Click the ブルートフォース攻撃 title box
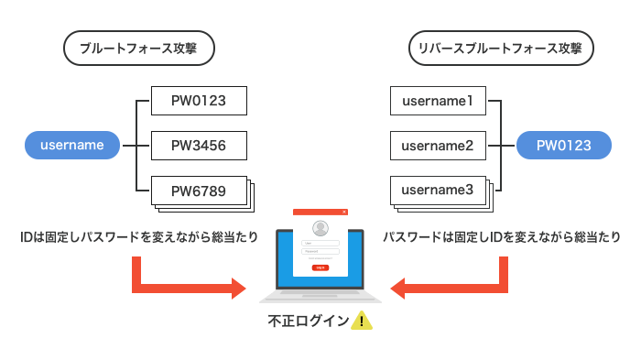click(x=139, y=49)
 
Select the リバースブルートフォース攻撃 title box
click(x=499, y=49)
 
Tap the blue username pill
click(x=73, y=145)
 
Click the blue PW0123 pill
click(x=562, y=145)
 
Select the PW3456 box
click(x=200, y=145)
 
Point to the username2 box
click(x=438, y=145)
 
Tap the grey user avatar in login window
click(x=320, y=228)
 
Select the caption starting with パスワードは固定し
click(x=501, y=236)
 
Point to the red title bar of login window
click(x=320, y=212)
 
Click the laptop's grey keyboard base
click(x=320, y=297)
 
